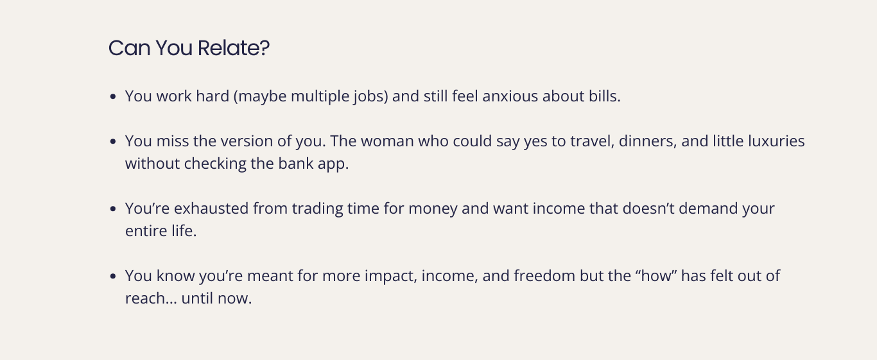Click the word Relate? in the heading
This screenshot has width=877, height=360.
point(233,48)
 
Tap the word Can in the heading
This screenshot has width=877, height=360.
point(129,48)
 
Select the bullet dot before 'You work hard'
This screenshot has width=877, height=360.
point(113,97)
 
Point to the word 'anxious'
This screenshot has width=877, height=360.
point(510,96)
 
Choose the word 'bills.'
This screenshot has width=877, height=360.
point(605,96)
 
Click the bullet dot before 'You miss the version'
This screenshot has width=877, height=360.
point(113,142)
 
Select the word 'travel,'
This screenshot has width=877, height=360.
point(592,141)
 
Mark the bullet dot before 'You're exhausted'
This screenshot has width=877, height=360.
point(113,209)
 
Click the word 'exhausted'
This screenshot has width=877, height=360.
point(211,209)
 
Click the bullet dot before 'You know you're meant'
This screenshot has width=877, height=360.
point(113,277)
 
